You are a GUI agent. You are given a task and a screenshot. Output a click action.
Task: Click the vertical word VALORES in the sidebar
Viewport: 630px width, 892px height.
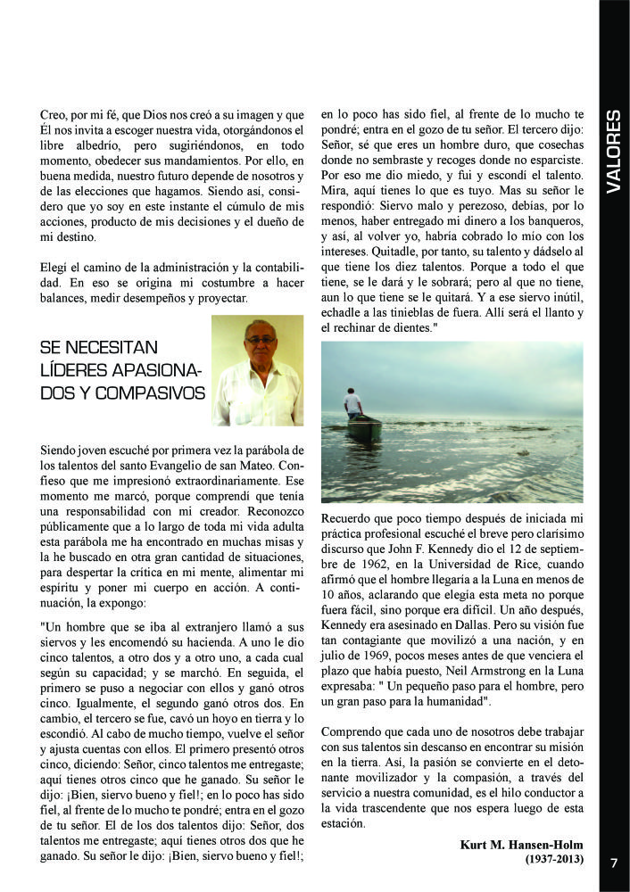613,152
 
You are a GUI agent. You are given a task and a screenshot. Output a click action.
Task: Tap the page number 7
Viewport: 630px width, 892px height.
614,863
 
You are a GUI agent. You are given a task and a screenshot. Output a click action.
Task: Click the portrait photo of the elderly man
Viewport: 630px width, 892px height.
257,370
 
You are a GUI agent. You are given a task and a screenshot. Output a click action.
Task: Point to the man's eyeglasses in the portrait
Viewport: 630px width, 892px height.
260,340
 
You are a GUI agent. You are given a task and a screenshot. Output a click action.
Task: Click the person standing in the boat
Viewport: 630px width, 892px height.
354,404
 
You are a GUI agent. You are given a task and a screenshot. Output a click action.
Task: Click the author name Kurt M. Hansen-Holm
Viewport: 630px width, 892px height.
521,844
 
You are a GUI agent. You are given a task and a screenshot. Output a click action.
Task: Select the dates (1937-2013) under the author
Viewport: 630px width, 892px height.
554,859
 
